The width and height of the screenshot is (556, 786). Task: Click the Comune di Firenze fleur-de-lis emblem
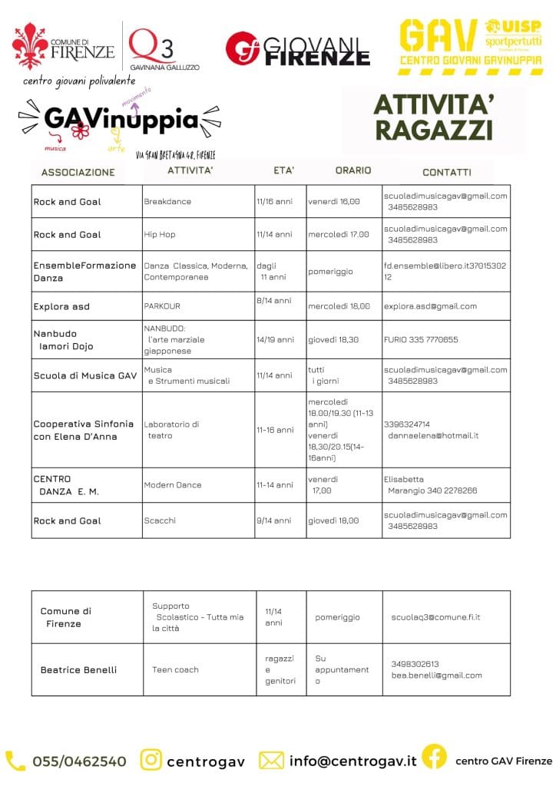pyautogui.click(x=30, y=47)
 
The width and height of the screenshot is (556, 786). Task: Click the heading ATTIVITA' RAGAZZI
pyautogui.click(x=433, y=117)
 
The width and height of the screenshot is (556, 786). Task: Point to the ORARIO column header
pyautogui.click(x=352, y=170)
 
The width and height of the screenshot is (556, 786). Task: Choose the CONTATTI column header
pyautogui.click(x=447, y=172)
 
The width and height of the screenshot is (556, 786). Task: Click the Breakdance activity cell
pyautogui.click(x=167, y=201)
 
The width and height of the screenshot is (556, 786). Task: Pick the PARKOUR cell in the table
pyautogui.click(x=162, y=305)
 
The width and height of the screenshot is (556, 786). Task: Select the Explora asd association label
pyautogui.click(x=61, y=306)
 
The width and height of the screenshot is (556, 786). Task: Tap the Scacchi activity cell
pyautogui.click(x=160, y=520)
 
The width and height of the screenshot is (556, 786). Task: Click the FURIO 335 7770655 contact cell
pyautogui.click(x=421, y=339)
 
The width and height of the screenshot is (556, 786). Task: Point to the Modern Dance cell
pyautogui.click(x=173, y=485)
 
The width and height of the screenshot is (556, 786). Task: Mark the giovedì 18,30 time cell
pyautogui.click(x=333, y=339)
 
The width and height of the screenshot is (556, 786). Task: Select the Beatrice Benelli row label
pyautogui.click(x=78, y=669)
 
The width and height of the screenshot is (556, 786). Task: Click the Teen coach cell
pyautogui.click(x=175, y=669)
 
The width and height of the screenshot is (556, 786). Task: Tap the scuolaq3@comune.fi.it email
pyautogui.click(x=436, y=616)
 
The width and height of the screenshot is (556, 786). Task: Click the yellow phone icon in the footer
pyautogui.click(x=15, y=761)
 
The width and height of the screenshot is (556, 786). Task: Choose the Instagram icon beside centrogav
pyautogui.click(x=151, y=760)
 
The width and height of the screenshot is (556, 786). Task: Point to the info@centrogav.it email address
pyautogui.click(x=352, y=761)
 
